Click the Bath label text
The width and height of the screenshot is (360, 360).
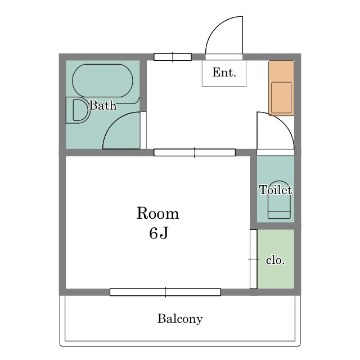click(x=103, y=106)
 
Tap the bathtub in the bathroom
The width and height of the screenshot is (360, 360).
click(x=102, y=80)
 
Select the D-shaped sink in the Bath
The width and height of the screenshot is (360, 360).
click(x=78, y=110)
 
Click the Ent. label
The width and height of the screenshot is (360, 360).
click(x=224, y=73)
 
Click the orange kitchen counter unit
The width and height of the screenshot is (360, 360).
click(x=281, y=88)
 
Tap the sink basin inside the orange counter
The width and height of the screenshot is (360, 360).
click(x=281, y=97)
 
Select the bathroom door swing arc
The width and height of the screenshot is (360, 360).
click(x=114, y=121)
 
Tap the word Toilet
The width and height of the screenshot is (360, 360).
click(x=276, y=190)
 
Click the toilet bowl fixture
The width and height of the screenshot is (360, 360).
click(x=279, y=200)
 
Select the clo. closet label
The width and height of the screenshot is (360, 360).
click(x=275, y=260)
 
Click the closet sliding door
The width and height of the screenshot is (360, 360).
click(x=254, y=259)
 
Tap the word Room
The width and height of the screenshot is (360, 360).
click(x=157, y=213)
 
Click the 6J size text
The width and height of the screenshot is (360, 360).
click(x=159, y=233)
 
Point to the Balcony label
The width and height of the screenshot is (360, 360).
click(x=180, y=319)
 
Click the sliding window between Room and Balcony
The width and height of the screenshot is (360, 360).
click(x=165, y=292)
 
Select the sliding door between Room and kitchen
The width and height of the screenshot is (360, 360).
click(x=195, y=152)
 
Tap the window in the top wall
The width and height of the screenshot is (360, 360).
click(x=173, y=57)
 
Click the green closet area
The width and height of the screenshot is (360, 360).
click(x=276, y=259)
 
